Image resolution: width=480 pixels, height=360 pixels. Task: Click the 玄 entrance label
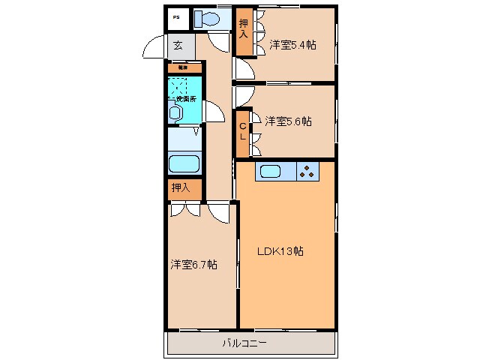coord(178,46)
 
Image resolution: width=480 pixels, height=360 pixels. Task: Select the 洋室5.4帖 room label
coord(292,45)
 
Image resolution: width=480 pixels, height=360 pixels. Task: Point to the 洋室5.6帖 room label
coord(288,121)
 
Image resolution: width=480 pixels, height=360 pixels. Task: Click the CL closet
coord(243,133)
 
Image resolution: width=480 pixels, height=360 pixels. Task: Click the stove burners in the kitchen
coord(307,172)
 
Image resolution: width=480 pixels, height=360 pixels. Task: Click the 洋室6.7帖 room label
coord(193,264)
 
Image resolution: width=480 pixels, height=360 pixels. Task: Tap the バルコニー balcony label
coord(244,343)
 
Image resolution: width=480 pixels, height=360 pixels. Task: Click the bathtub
coord(184,163)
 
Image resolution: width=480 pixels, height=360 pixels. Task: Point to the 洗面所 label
coord(185,98)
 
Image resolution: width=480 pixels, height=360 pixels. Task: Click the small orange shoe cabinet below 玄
coord(183,67)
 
